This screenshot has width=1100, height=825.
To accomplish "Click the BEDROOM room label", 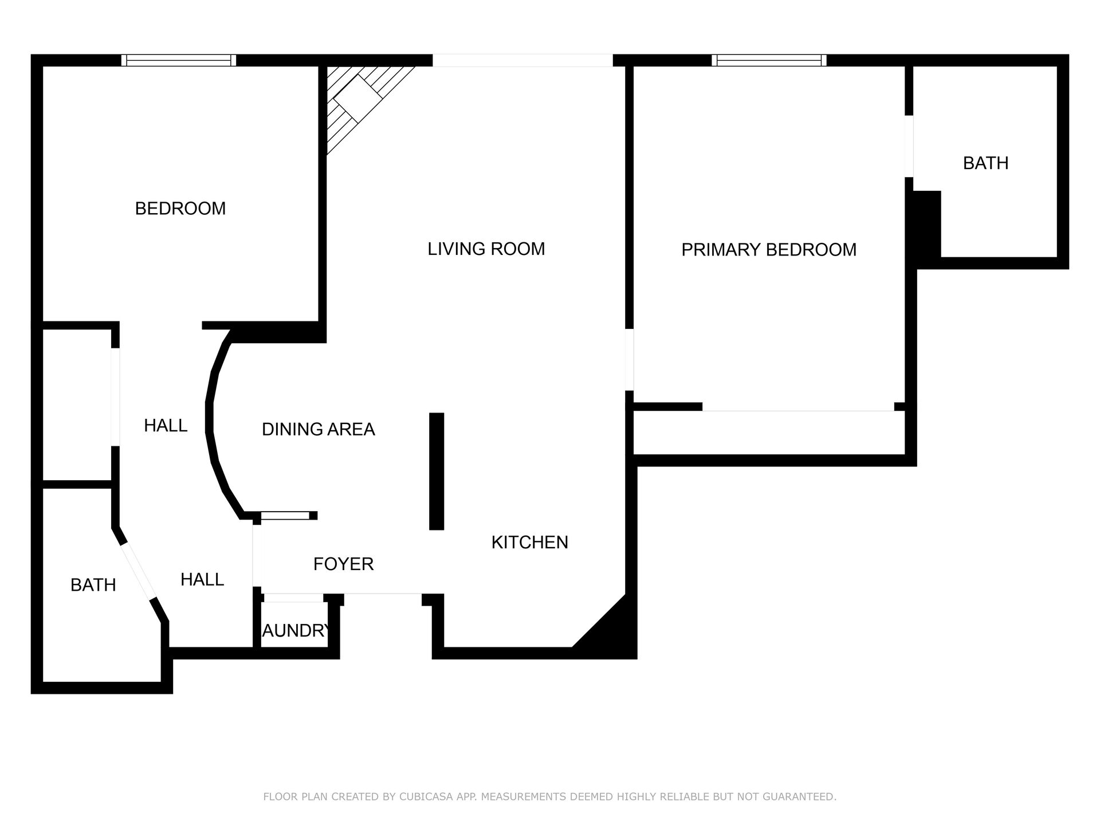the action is click(180, 209).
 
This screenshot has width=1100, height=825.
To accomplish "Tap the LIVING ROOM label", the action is click(486, 249).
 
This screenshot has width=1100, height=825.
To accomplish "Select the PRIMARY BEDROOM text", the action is click(769, 250).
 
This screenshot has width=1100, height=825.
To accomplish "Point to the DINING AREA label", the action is click(319, 429).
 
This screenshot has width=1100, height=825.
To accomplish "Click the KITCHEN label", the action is click(530, 543).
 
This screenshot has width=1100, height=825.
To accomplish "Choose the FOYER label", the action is click(344, 564).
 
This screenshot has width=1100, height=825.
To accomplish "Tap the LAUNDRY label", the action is click(296, 631).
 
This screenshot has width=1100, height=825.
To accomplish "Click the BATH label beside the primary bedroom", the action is click(986, 163).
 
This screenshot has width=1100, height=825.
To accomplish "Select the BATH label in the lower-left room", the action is click(93, 585).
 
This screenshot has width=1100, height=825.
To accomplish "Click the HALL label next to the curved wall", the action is click(166, 426).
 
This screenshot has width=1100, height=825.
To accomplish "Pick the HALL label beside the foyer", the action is click(202, 580).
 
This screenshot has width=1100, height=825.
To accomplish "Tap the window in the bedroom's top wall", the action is click(179, 60).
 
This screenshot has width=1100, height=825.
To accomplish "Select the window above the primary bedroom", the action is click(769, 60).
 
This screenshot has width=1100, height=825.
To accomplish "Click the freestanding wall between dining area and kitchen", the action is click(437, 471).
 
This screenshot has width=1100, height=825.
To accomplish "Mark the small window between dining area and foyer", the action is click(285, 516).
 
